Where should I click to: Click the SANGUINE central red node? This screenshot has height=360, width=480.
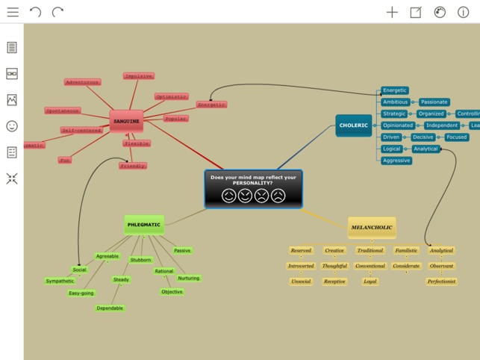tap(126, 120)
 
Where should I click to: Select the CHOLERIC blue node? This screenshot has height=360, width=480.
tap(353, 125)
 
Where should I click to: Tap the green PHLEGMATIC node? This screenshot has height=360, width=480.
tap(144, 224)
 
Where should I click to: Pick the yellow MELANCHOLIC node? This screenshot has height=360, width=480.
tap(371, 227)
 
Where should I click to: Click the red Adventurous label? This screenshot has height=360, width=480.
tap(82, 82)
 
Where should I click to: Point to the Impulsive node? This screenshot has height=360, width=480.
tap(139, 76)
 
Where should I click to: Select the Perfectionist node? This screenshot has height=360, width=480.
tap(441, 282)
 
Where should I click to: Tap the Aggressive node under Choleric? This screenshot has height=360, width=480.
tap(396, 161)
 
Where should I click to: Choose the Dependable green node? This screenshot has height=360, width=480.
tap(110, 308)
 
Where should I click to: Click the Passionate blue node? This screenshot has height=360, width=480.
tap(434, 102)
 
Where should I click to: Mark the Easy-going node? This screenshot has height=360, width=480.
tap(81, 293)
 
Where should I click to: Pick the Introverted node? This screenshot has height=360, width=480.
tap(301, 266)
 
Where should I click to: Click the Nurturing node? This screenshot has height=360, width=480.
tap(189, 278)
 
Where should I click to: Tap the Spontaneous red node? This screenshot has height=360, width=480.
tap(63, 111)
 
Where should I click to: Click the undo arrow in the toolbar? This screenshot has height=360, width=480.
tap(35, 12)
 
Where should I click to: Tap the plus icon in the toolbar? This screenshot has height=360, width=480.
tap(392, 12)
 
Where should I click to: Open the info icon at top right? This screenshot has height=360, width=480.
tap(463, 12)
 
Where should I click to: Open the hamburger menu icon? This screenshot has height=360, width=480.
tap(13, 12)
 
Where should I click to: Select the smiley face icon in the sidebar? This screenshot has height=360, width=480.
tap(12, 126)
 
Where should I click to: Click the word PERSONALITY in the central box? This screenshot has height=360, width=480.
tap(252, 182)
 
